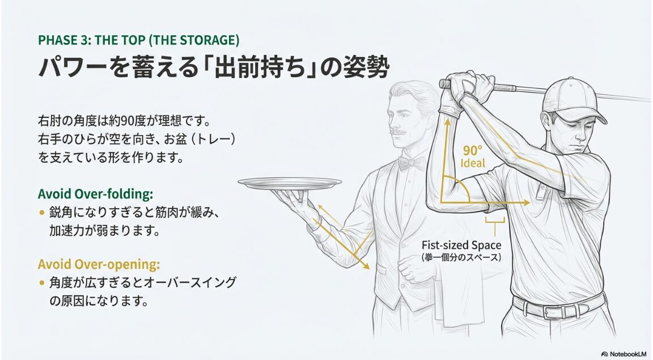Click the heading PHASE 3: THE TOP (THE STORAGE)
(x=139, y=40)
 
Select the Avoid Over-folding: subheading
(x=95, y=194)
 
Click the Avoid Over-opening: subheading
(x=99, y=264)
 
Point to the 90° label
(x=473, y=150)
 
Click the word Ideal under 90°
(x=473, y=163)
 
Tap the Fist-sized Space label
(x=461, y=245)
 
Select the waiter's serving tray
(x=290, y=183)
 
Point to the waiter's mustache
(x=398, y=132)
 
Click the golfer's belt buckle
(x=559, y=312)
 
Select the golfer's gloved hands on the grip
(x=464, y=90)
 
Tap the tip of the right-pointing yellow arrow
(x=530, y=202)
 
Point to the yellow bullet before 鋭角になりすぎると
(x=41, y=213)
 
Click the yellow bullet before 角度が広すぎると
(x=41, y=282)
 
